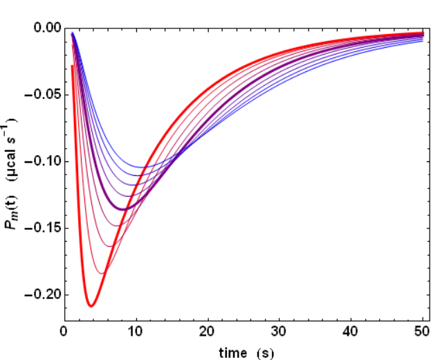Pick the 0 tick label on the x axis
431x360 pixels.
[x=64, y=331]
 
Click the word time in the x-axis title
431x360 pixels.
[x=232, y=352]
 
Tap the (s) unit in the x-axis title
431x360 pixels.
[x=265, y=352]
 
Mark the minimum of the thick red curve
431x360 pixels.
[x=91, y=305]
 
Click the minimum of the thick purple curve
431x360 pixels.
[x=122, y=209]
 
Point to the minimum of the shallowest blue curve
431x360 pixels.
[x=143, y=167]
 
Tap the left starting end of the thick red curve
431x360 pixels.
[x=72, y=66]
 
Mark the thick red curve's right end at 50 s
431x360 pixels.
[x=422, y=33]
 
